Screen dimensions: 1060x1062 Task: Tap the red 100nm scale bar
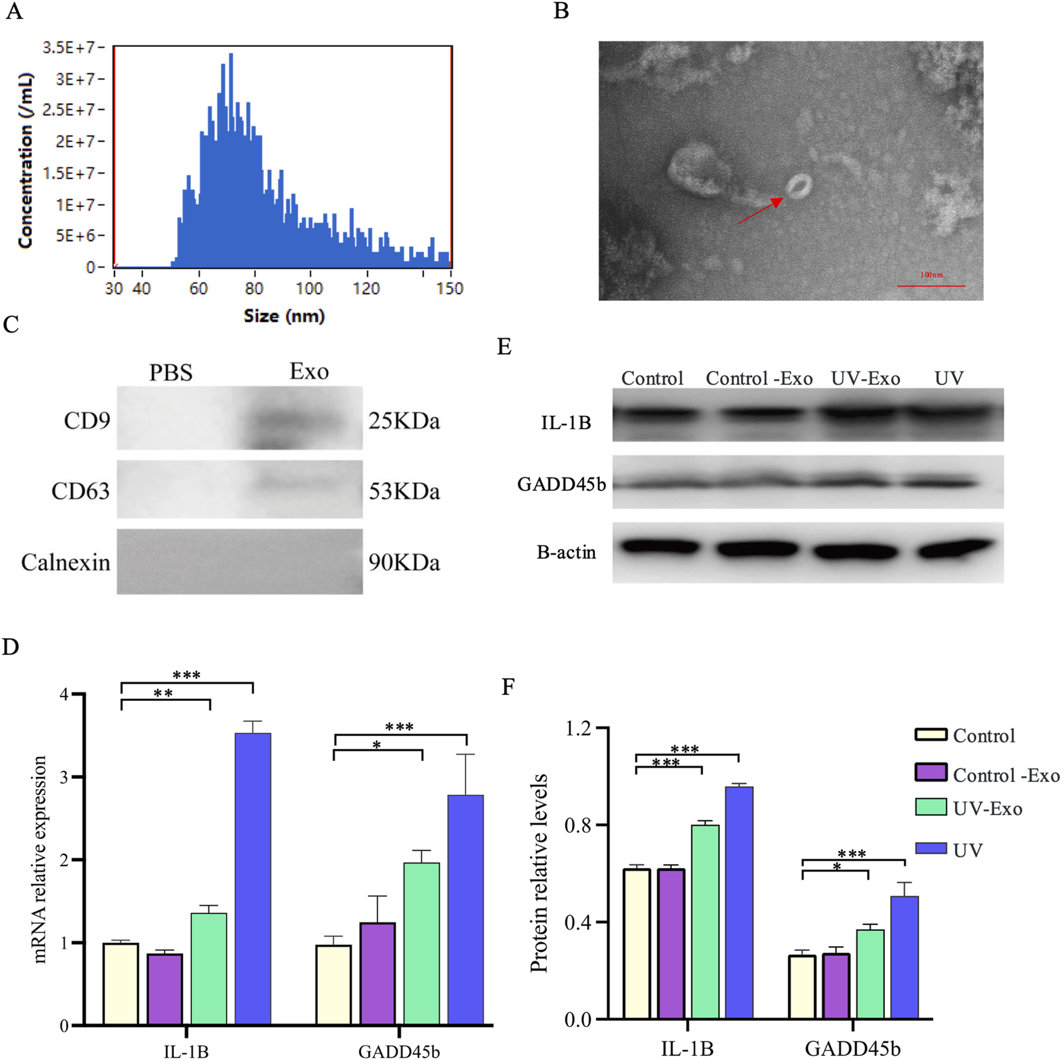pyautogui.click(x=930, y=286)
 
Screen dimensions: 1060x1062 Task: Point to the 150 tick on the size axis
pyautogui.click(x=450, y=288)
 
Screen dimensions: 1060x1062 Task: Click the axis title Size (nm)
pyautogui.click(x=284, y=316)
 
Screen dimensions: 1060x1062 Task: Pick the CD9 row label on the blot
pyautogui.click(x=87, y=421)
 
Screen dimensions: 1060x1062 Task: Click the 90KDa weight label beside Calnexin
pyautogui.click(x=404, y=562)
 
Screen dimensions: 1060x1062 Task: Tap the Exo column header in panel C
pyautogui.click(x=309, y=372)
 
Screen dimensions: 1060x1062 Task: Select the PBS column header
pyautogui.click(x=171, y=373)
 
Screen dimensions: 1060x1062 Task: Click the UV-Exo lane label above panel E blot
pyautogui.click(x=866, y=379)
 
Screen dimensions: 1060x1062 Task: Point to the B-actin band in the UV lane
pyautogui.click(x=956, y=548)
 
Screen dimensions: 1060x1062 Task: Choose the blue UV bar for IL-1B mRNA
pyautogui.click(x=253, y=879)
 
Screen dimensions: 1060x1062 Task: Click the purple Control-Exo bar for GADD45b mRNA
pyautogui.click(x=378, y=973)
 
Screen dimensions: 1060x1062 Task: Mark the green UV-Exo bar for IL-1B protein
pyautogui.click(x=705, y=922)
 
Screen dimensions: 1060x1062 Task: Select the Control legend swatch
pyautogui.click(x=931, y=735)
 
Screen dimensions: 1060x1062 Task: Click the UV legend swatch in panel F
pyautogui.click(x=931, y=848)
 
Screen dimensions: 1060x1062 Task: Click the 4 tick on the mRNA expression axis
pyautogui.click(x=64, y=694)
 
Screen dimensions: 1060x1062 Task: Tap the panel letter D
pyautogui.click(x=11, y=647)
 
